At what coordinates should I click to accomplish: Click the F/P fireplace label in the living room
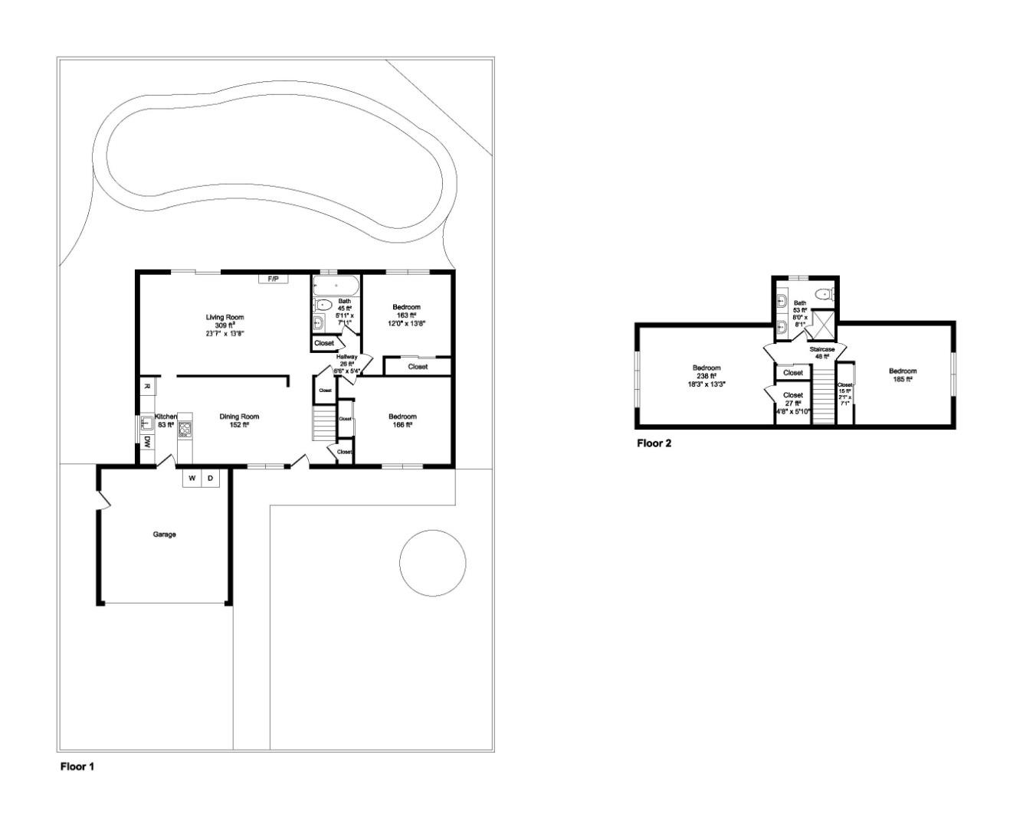click(x=273, y=279)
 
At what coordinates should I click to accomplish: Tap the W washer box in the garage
click(x=192, y=479)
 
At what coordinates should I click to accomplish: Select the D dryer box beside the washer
click(x=210, y=479)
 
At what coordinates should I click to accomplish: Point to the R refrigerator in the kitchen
click(x=146, y=386)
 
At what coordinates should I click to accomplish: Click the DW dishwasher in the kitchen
click(x=146, y=442)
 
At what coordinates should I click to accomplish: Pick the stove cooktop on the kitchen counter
click(x=185, y=430)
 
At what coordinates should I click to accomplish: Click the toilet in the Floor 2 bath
click(x=825, y=293)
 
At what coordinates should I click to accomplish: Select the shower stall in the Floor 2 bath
click(x=824, y=324)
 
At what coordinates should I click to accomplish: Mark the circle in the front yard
click(x=432, y=563)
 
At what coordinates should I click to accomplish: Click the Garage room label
click(x=164, y=534)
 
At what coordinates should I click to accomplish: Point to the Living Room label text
click(x=225, y=317)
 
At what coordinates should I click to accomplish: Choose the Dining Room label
click(x=239, y=417)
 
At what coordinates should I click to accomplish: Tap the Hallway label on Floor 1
click(x=346, y=357)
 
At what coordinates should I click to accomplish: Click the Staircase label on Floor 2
click(x=822, y=349)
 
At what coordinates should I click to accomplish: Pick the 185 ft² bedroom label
click(x=903, y=371)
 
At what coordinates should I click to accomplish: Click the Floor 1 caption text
click(x=77, y=766)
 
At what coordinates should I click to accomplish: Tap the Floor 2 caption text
click(x=654, y=443)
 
